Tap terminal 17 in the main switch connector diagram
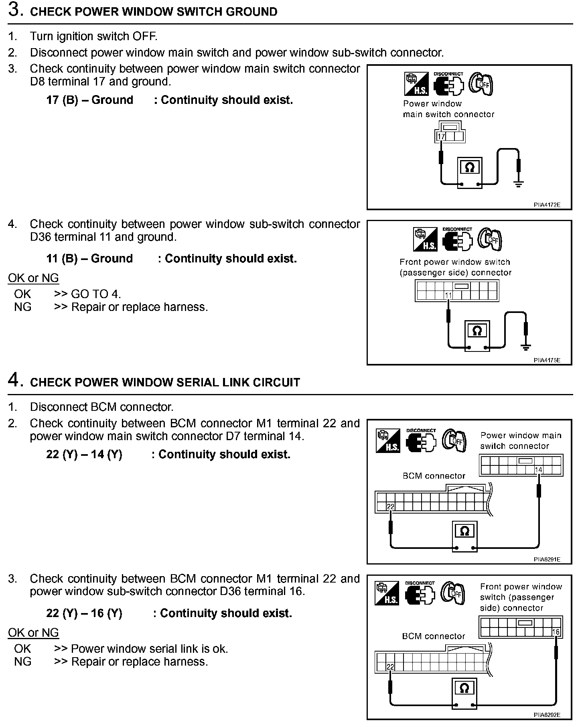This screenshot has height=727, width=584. pos(441,137)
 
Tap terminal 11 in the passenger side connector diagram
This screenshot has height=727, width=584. pos(448,296)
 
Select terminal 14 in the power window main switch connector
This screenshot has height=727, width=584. pos(538,470)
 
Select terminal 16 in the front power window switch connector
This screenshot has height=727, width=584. pos(556,632)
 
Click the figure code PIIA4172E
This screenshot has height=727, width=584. pos(547,205)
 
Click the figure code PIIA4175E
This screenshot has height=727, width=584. pos(547,360)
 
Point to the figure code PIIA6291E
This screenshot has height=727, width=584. pos(547,559)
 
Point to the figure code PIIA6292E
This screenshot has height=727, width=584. pos(547,714)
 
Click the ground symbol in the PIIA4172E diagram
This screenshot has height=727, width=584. pos(518,184)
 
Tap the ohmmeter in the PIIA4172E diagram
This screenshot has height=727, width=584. pos(470,172)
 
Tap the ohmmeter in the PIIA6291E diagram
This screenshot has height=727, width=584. pos(464,536)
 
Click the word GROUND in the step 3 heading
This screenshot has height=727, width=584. pos(251,12)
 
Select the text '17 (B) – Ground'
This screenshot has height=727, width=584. pos(89,100)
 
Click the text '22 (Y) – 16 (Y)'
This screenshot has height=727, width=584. pos(84,613)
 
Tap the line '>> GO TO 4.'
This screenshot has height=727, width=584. pos(87,294)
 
